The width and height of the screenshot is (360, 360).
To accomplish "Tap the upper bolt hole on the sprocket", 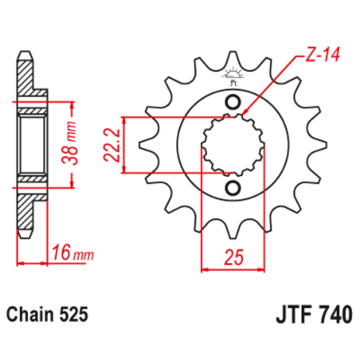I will [x=233, y=102].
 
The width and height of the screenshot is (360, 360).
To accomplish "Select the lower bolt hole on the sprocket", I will [x=233, y=187].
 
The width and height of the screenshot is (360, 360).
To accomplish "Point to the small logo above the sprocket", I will [x=233, y=76].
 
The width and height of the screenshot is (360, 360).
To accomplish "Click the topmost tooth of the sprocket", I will [x=233, y=60].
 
